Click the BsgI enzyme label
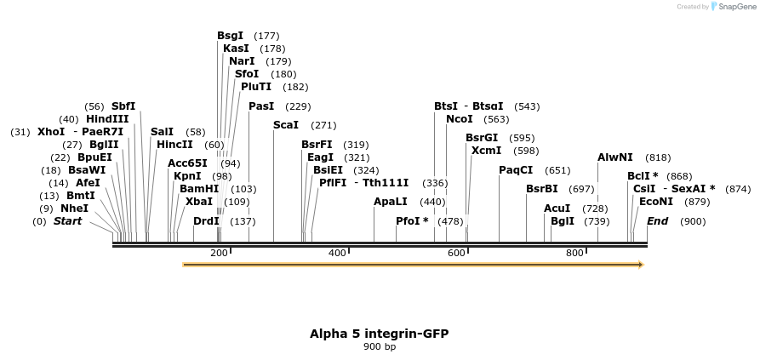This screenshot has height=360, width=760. [x=230, y=36]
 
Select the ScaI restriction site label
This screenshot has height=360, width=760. [x=285, y=125]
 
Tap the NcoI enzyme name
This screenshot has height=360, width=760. [x=459, y=119]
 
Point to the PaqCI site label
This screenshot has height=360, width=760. [x=516, y=170]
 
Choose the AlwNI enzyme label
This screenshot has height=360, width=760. [x=614, y=157]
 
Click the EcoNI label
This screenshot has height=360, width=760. [x=655, y=202]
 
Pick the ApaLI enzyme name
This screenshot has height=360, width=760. [x=391, y=202]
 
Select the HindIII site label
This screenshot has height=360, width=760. [x=107, y=119]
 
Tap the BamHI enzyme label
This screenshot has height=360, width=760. [x=199, y=189]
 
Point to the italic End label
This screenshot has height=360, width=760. [x=657, y=221]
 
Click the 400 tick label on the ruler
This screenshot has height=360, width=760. [x=337, y=253]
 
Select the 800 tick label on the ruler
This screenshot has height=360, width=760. [x=574, y=253]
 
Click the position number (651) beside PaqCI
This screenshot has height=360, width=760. [x=557, y=170]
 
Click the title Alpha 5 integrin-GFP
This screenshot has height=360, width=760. [x=379, y=333]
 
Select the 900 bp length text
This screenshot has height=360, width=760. [x=380, y=346]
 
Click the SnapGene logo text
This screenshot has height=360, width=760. [x=736, y=6]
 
